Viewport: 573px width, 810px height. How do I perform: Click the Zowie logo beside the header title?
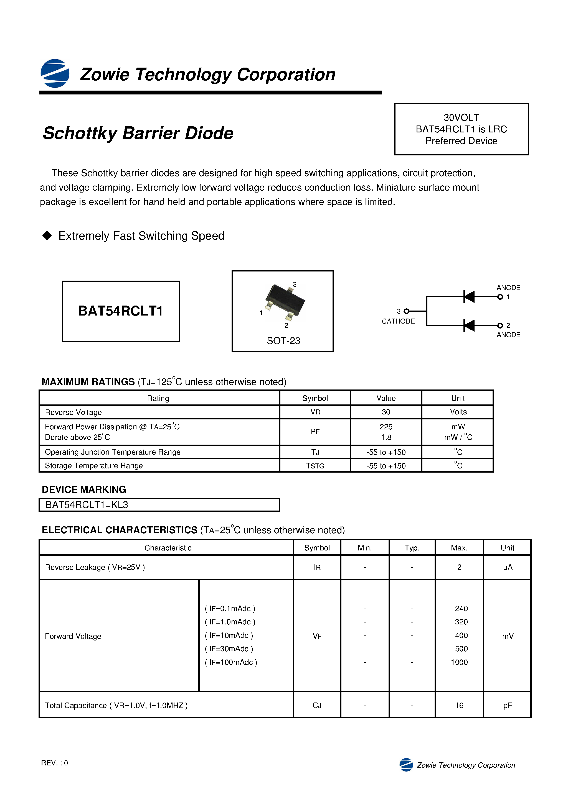(55, 73)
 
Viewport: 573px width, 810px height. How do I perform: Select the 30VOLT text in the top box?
(461, 117)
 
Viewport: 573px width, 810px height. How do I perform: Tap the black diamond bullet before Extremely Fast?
(47, 236)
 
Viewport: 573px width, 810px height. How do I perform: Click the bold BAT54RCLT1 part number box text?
(120, 311)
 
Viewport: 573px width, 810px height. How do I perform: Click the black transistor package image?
(285, 301)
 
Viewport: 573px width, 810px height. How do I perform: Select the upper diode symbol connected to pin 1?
(469, 297)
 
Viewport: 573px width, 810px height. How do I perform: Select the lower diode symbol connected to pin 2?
(469, 325)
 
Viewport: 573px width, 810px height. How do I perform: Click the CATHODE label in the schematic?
(398, 321)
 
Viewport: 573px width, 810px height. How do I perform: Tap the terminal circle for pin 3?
(406, 311)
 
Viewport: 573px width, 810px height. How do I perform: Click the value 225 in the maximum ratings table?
(386, 427)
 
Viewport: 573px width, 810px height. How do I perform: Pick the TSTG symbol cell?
(315, 466)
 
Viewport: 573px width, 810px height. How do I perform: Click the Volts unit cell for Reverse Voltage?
(458, 412)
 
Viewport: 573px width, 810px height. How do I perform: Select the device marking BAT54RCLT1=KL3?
(87, 505)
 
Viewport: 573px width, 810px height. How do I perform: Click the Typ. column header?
(412, 548)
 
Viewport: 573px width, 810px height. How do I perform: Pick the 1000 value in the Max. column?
(459, 662)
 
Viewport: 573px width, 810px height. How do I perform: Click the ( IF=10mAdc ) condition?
(229, 635)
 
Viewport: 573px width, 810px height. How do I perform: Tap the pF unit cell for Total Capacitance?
(507, 705)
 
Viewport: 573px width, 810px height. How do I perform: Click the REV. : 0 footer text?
(54, 763)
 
